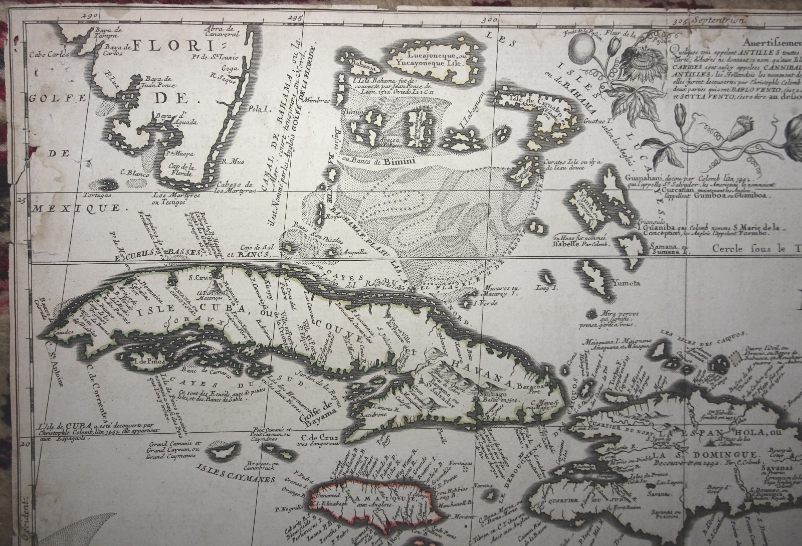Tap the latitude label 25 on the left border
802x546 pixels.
click(22, 201)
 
